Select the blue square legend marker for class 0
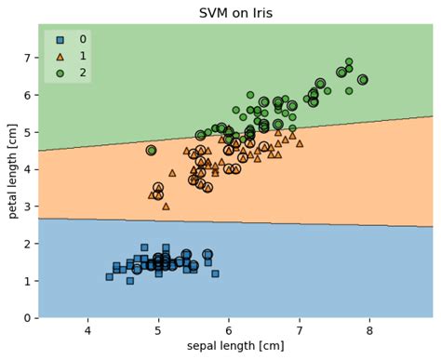(x=60, y=39)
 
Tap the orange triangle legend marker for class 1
(x=60, y=56)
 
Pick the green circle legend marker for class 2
(x=60, y=72)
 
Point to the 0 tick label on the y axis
(x=27, y=318)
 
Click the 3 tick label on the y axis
(x=27, y=207)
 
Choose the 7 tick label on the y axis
(x=27, y=58)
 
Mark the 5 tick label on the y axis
(x=27, y=132)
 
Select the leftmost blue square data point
(x=109, y=276)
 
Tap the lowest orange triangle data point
(x=166, y=207)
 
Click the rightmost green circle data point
(x=362, y=80)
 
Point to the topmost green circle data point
(x=349, y=61)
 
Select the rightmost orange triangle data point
(x=299, y=143)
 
